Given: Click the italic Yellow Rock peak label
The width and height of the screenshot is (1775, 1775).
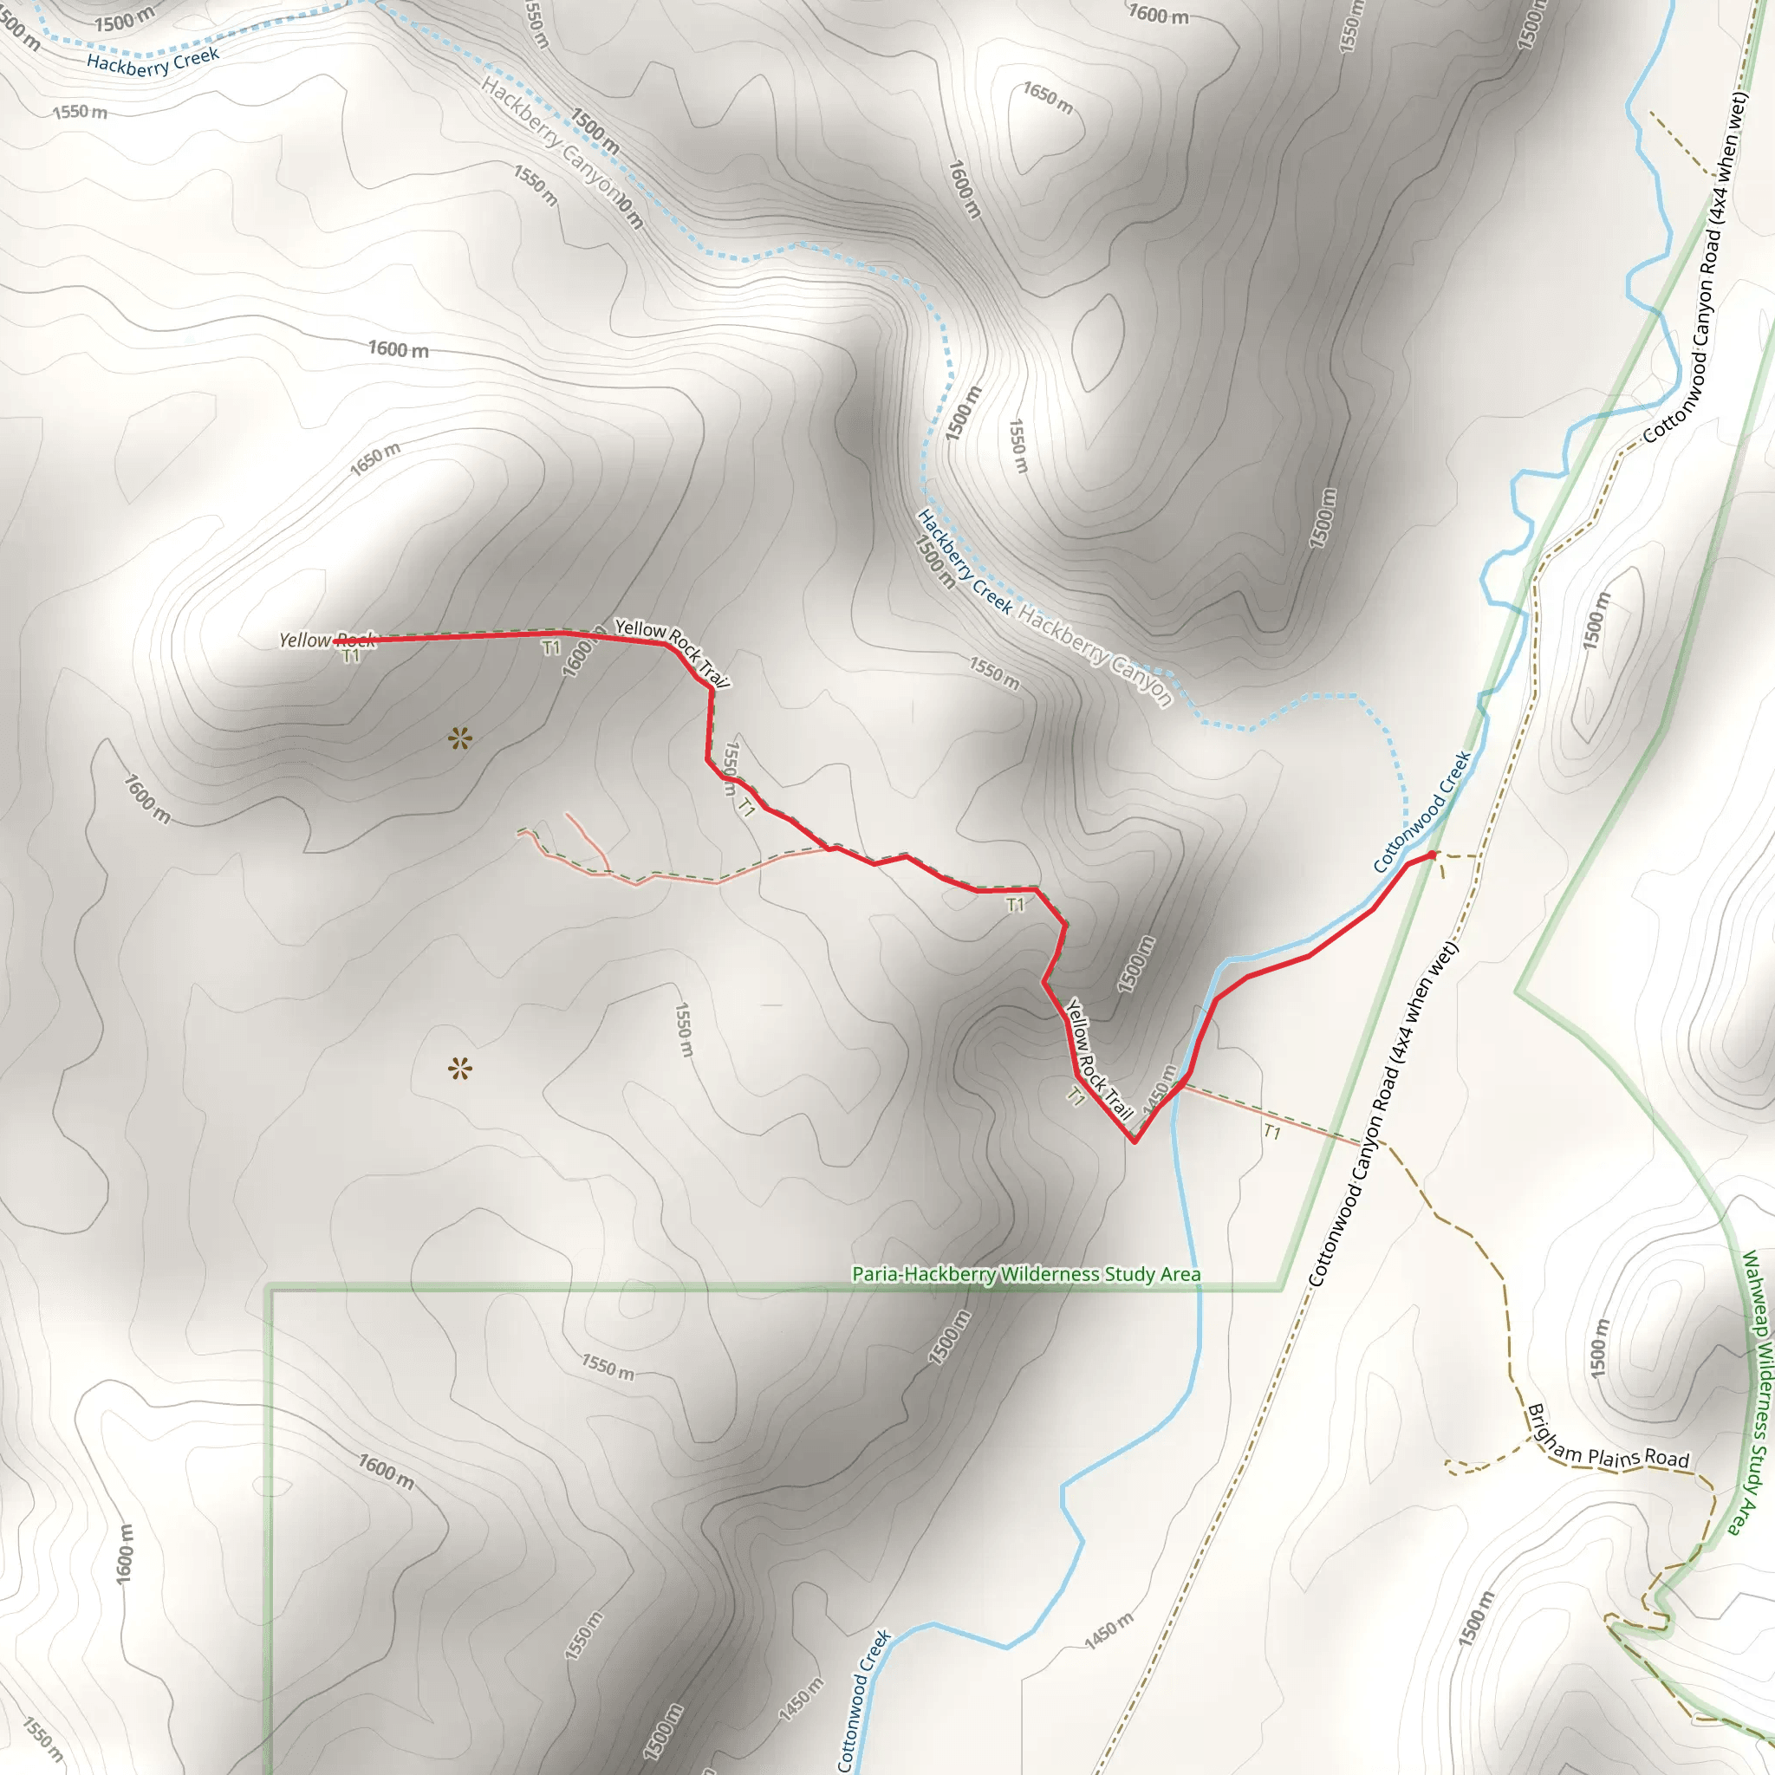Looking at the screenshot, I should pos(327,640).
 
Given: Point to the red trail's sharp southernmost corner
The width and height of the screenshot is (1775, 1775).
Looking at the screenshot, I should pos(1135,1141).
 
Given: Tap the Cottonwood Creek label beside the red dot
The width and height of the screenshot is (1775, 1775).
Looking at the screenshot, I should pos(1421,812).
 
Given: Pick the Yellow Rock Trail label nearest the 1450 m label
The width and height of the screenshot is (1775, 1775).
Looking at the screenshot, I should pos(1099,1058).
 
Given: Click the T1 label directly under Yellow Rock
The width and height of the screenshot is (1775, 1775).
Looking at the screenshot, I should pos(351,656).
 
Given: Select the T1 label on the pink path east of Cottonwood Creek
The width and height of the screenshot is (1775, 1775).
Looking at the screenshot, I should pos(1271,1132).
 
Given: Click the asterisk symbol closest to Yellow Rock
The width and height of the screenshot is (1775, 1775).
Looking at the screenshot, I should pos(460,738).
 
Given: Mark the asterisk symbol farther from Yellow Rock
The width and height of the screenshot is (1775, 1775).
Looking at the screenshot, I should pos(460,1069).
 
